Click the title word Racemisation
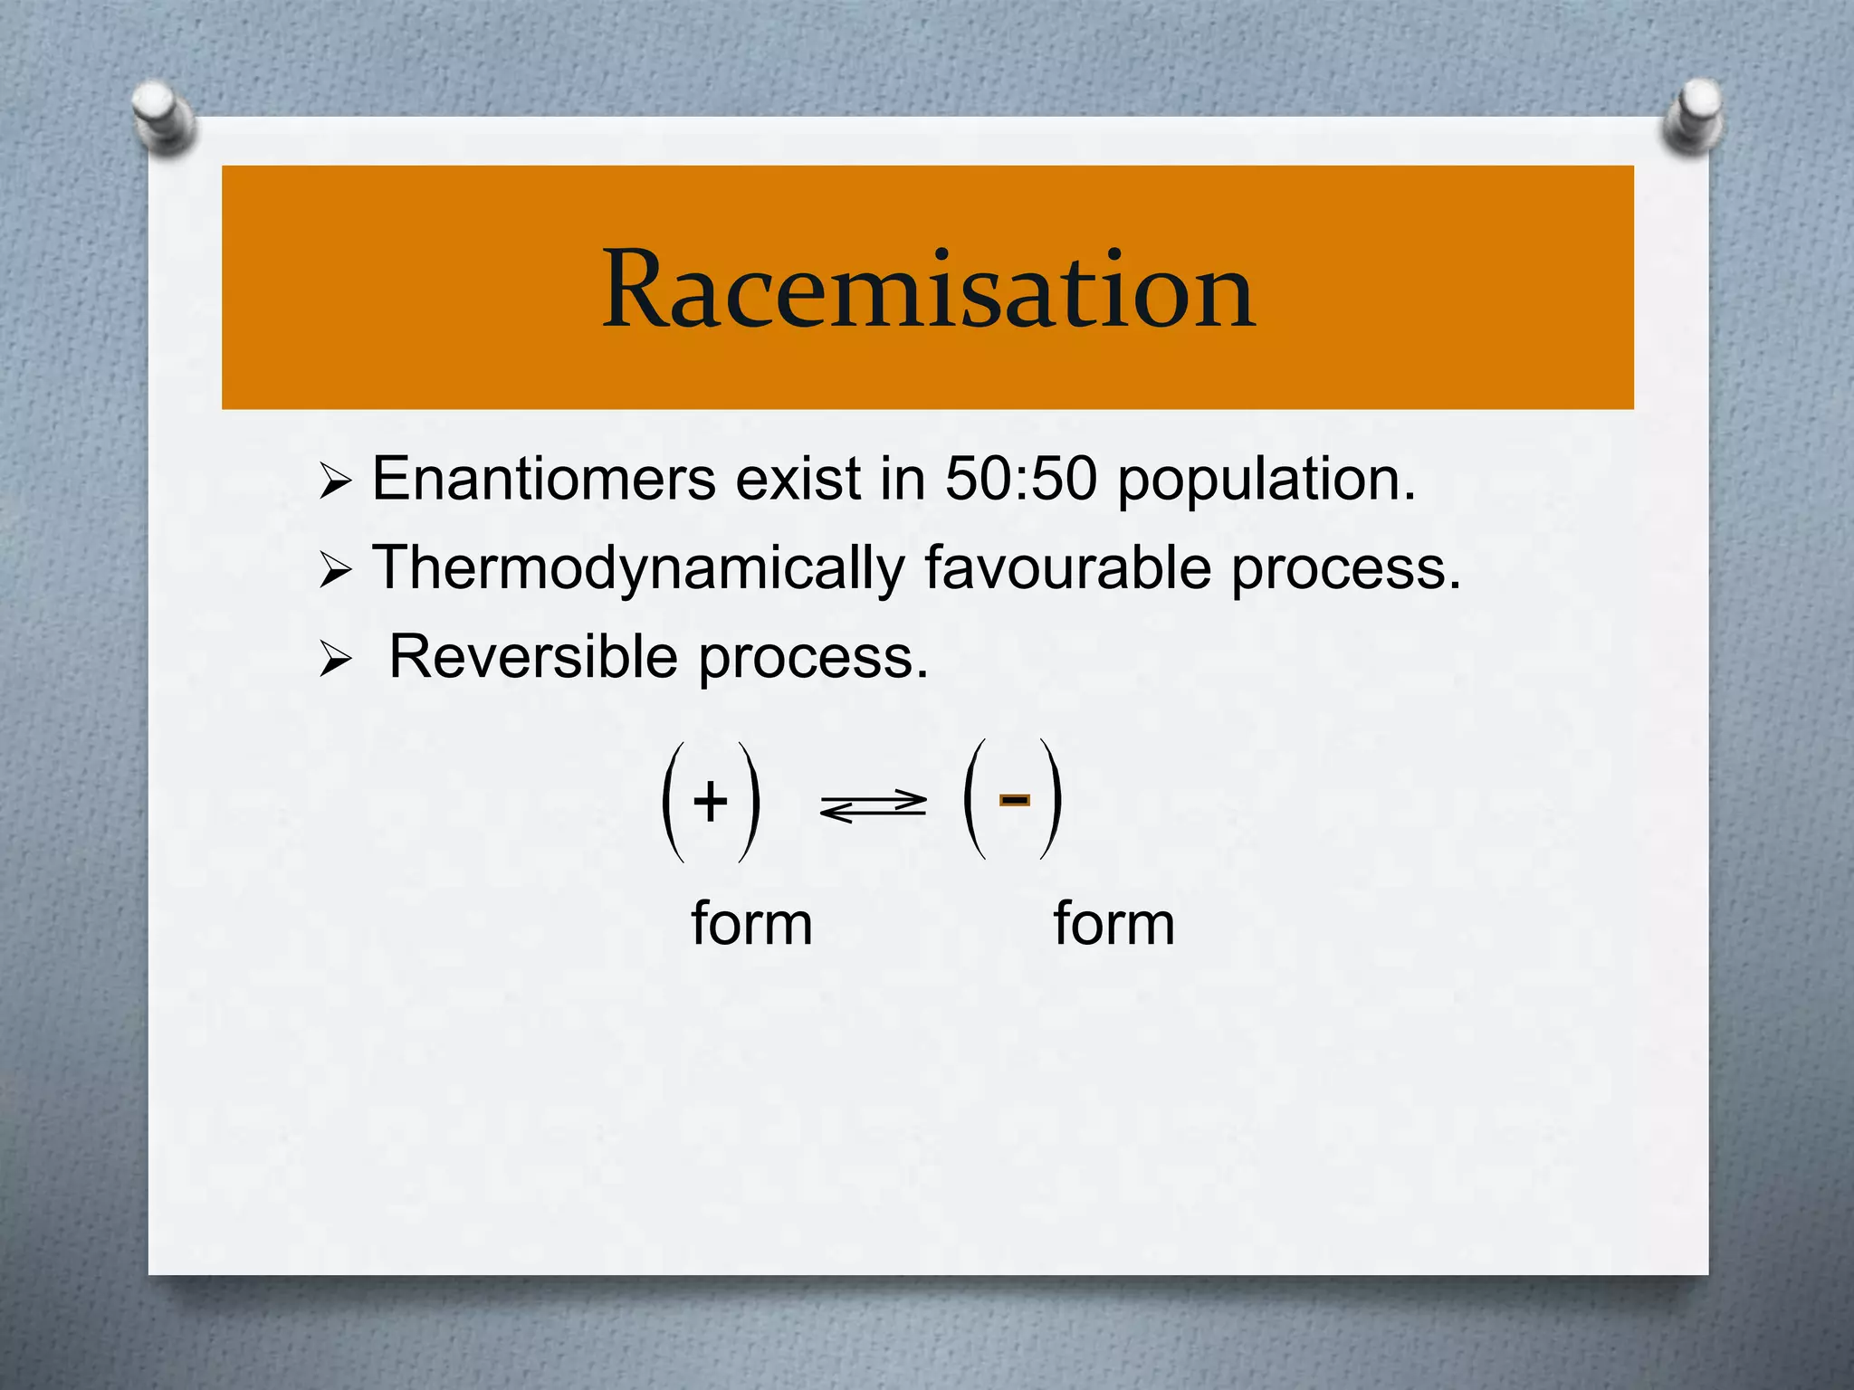pyautogui.click(x=928, y=290)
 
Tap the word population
pyautogui.click(x=1265, y=480)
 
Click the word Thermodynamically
pyautogui.click(x=638, y=569)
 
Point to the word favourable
pyautogui.click(x=1067, y=567)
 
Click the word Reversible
pyautogui.click(x=533, y=656)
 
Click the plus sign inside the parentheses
pyautogui.click(x=711, y=801)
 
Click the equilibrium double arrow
pyautogui.click(x=873, y=805)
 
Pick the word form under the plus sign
pyautogui.click(x=751, y=924)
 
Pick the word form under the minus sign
pyautogui.click(x=1113, y=924)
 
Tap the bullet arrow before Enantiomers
pyautogui.click(x=334, y=482)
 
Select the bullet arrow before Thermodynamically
pyautogui.click(x=334, y=572)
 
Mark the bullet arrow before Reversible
pyautogui.click(x=334, y=661)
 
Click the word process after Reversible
pyautogui.click(x=812, y=658)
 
